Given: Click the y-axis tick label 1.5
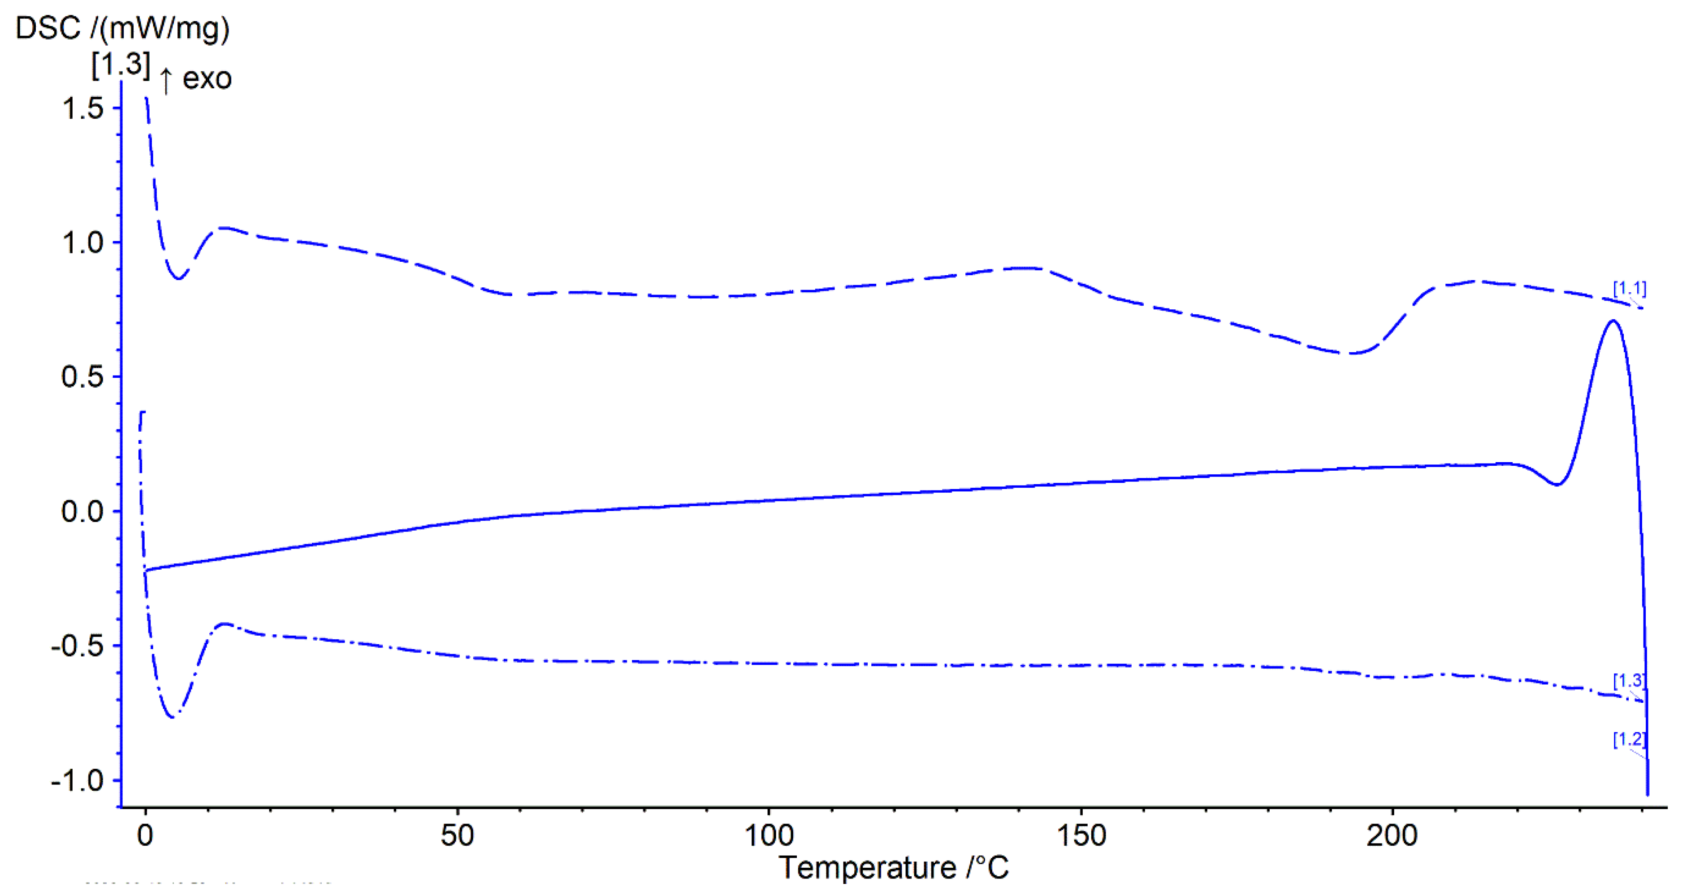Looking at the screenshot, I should pos(82,108).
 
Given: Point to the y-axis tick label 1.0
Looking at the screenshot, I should pos(82,243).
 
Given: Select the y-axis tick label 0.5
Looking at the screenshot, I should pos(82,377).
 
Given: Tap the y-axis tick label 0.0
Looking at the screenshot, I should pos(82,512).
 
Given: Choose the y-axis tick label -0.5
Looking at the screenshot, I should pos(77,646).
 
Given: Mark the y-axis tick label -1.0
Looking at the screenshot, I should pos(77,781).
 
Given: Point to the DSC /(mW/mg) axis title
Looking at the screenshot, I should pos(122,29).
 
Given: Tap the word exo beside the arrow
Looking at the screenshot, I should pos(207,79).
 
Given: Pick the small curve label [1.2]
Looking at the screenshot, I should pos(1629,740).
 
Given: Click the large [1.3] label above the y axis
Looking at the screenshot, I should pos(121,64).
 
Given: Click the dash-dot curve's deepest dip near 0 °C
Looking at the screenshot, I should pos(172,717).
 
